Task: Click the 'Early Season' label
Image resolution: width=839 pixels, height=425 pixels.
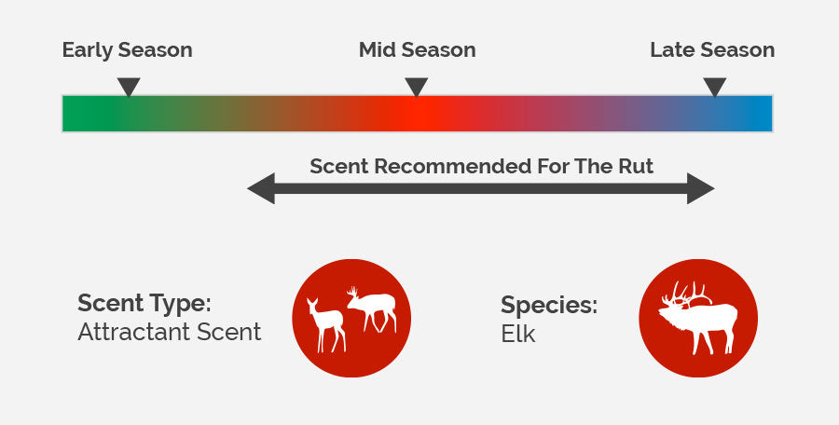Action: (128, 49)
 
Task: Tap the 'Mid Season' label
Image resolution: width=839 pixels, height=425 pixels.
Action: (418, 49)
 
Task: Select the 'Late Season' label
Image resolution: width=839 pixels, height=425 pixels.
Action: (712, 49)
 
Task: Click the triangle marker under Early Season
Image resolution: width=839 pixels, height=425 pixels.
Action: (129, 87)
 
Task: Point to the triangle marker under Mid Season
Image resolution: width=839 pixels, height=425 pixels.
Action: (417, 87)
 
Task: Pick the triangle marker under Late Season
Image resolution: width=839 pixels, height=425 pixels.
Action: (715, 87)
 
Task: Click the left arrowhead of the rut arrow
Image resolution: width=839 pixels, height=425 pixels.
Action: (261, 188)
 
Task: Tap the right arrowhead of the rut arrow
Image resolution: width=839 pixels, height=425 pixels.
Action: (700, 188)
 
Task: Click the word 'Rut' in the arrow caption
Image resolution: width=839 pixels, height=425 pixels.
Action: (636, 166)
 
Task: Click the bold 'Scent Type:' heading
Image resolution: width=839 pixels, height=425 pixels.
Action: (144, 304)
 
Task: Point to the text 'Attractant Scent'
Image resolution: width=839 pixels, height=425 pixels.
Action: (170, 332)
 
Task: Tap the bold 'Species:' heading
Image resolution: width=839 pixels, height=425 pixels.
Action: (549, 305)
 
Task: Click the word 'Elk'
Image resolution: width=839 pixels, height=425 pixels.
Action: (518, 334)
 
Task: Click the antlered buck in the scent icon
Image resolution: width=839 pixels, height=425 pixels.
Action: (373, 308)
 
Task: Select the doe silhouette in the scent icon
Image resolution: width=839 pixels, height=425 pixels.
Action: (326, 324)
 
